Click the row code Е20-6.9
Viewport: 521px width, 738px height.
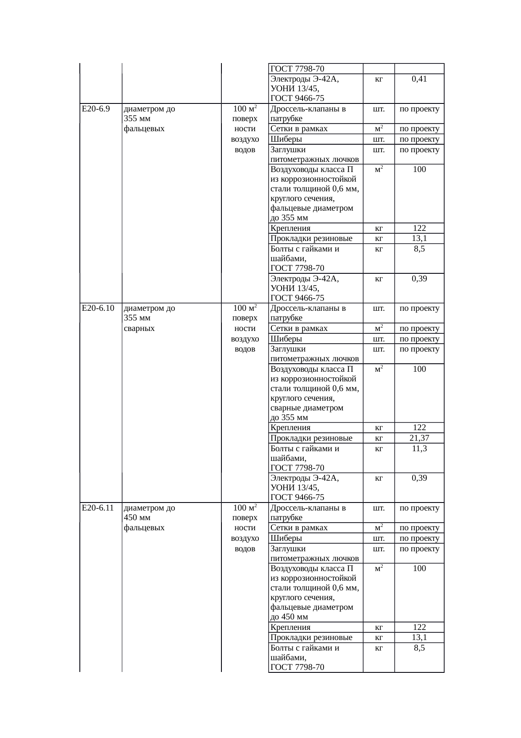coord(96,109)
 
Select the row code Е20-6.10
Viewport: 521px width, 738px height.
coord(98,308)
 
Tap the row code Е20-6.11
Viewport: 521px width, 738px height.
coord(98,508)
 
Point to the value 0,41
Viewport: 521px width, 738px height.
coord(419,79)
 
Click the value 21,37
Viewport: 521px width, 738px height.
coord(419,438)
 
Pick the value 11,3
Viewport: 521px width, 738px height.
coord(419,449)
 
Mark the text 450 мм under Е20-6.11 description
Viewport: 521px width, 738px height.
coord(137,517)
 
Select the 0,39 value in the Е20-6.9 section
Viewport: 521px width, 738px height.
coord(419,278)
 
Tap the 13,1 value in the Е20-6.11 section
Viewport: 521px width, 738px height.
coord(419,637)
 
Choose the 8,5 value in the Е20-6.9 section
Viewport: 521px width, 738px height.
coord(419,249)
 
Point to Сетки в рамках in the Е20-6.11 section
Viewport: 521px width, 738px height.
coord(299,528)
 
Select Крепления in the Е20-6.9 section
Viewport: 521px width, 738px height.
coord(291,228)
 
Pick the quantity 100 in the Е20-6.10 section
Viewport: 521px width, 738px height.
coord(419,369)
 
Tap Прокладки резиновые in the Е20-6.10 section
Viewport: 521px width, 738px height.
coord(311,438)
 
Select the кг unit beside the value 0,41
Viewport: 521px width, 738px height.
coord(379,79)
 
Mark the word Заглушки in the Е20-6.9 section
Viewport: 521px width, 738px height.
coord(288,150)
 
